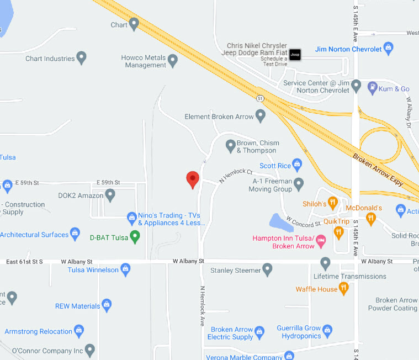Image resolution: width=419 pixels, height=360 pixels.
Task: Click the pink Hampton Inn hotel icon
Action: coord(322,238)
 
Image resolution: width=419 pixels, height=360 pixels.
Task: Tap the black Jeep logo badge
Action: coord(295,54)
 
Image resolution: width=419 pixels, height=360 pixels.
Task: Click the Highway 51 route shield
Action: coord(260,98)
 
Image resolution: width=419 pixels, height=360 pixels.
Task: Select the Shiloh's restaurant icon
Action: coord(333,203)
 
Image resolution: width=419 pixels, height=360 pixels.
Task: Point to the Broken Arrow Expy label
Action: coord(379,169)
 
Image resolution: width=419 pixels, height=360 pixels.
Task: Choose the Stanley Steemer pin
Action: coord(268,270)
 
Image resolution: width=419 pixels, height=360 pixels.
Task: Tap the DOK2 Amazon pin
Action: coord(110,194)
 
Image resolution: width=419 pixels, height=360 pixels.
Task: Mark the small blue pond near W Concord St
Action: coord(281,223)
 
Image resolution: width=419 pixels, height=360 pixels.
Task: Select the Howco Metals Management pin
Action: coord(173,60)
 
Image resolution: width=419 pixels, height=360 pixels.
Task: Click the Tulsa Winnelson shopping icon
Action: coord(126,270)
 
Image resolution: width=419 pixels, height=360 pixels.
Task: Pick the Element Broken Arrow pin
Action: coord(261,116)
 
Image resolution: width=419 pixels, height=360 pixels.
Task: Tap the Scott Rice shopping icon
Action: coord(298,165)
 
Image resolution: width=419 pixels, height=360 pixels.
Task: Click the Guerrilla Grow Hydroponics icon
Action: coord(327,331)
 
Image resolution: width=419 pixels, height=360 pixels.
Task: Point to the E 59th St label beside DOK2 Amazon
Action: coord(108,182)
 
